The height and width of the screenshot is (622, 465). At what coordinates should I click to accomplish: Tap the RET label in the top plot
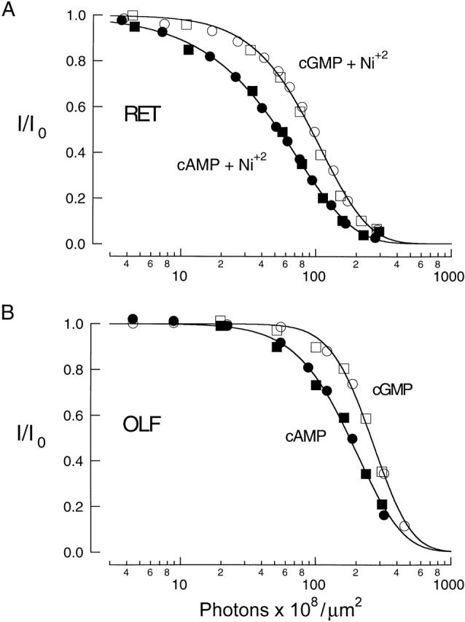[x=140, y=115]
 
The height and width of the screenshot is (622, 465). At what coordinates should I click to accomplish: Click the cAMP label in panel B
[x=306, y=435]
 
